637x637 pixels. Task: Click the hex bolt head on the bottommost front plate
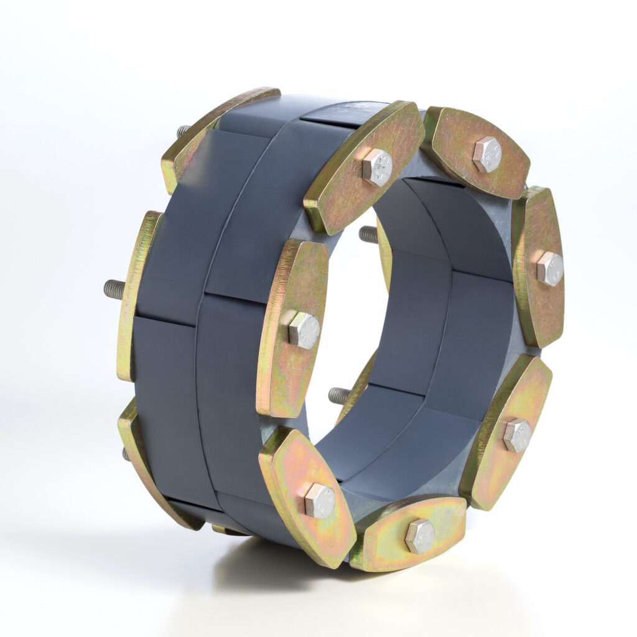pos(420,536)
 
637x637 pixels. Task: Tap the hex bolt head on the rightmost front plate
pos(549,269)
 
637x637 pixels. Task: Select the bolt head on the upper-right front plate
pos(486,154)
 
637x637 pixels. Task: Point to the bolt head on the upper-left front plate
pos(377,167)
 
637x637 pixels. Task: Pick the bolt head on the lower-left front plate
pos(320,501)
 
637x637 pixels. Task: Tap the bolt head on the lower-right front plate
pos(517,435)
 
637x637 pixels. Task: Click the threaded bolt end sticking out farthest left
pos(114,289)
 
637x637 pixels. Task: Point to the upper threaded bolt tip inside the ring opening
pos(368,234)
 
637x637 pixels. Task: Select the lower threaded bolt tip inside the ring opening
pos(339,395)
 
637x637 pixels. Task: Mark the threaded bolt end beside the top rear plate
pos(183,131)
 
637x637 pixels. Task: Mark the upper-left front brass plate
pos(364,168)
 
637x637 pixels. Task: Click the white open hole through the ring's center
pos(345,311)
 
